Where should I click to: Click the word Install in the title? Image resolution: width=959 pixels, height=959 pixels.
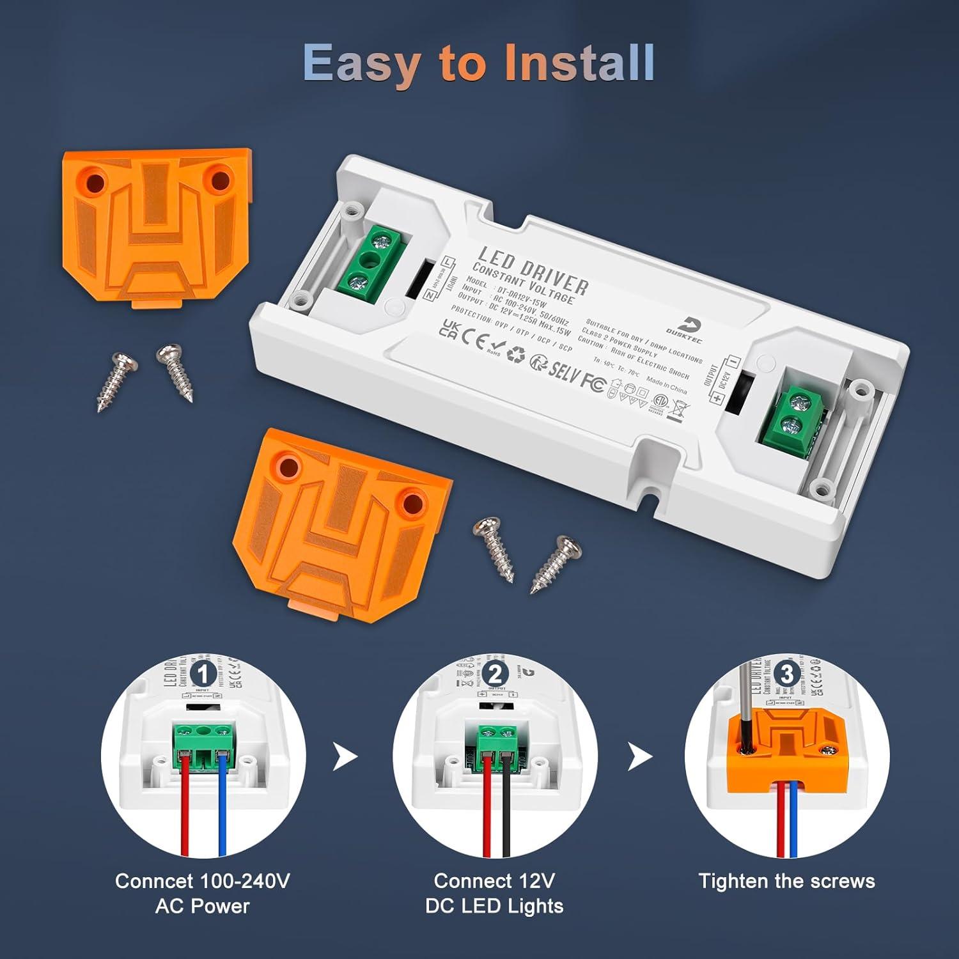pos(579,63)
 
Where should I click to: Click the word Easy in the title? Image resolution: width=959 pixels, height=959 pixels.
pos(361,63)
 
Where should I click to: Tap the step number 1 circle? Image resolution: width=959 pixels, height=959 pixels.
pos(203,674)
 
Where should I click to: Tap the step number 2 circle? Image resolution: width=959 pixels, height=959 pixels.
pos(495,674)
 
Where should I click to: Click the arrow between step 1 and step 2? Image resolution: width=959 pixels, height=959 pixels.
pos(345,758)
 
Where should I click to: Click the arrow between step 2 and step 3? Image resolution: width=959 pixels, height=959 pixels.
pos(639,758)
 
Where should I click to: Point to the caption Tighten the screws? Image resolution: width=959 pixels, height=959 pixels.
pos(786,881)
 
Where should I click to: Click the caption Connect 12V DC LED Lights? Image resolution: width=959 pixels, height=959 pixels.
pos(494,893)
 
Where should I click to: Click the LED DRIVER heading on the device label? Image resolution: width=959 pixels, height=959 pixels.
pos(532,271)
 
